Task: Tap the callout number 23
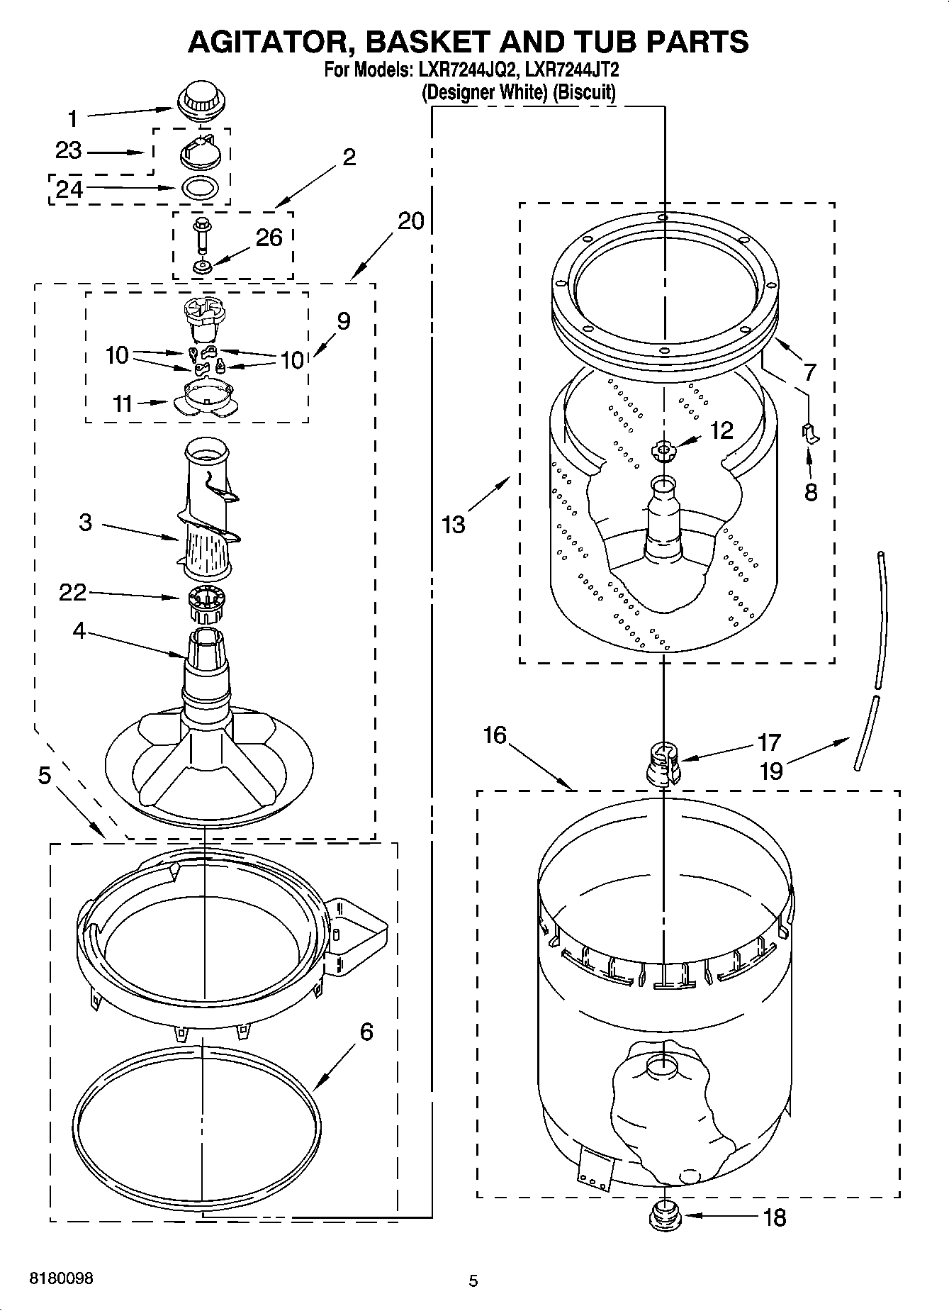[69, 150]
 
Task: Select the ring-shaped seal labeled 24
[202, 188]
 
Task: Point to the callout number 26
[269, 238]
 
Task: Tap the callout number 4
[78, 630]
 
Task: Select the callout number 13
[453, 525]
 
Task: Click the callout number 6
[366, 1031]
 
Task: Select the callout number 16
[494, 735]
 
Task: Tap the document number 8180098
[60, 1278]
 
